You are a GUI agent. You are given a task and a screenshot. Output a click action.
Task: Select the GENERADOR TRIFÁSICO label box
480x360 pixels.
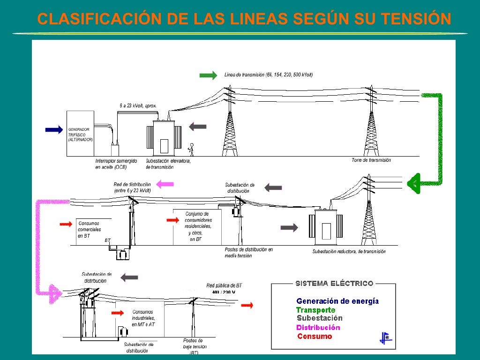pos(80,134)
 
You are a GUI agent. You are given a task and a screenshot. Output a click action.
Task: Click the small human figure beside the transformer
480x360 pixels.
pos(191,149)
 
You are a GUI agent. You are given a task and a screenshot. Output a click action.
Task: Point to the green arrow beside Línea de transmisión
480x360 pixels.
pos(208,75)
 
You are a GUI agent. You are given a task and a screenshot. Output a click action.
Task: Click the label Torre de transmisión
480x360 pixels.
pos(371,160)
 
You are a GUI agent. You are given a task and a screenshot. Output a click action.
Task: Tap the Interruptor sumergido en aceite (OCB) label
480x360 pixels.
pos(116,164)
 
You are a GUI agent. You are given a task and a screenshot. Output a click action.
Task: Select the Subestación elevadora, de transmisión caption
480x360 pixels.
pos(168,164)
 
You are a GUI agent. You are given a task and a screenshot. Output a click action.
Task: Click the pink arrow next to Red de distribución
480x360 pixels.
pos(165,184)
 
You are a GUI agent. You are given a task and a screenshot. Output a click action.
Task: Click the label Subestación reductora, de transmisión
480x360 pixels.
pos(349,252)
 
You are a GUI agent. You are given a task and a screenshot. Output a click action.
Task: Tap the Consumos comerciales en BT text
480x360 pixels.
pos(89,230)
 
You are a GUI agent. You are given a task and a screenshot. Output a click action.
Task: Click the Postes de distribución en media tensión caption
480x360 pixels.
pos(248,252)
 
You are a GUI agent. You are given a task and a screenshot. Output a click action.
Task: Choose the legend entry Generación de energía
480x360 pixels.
pos(337,301)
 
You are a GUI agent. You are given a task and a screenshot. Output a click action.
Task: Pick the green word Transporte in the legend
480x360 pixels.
pos(315,310)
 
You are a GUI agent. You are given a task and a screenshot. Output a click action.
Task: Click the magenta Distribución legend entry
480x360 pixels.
pos(318,328)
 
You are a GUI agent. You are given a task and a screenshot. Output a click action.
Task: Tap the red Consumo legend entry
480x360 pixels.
pos(315,336)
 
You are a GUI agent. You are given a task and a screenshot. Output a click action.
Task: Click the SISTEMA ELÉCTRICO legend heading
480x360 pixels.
pos(334,283)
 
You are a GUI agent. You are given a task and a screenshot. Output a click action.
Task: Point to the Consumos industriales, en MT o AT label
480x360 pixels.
pos(143,318)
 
